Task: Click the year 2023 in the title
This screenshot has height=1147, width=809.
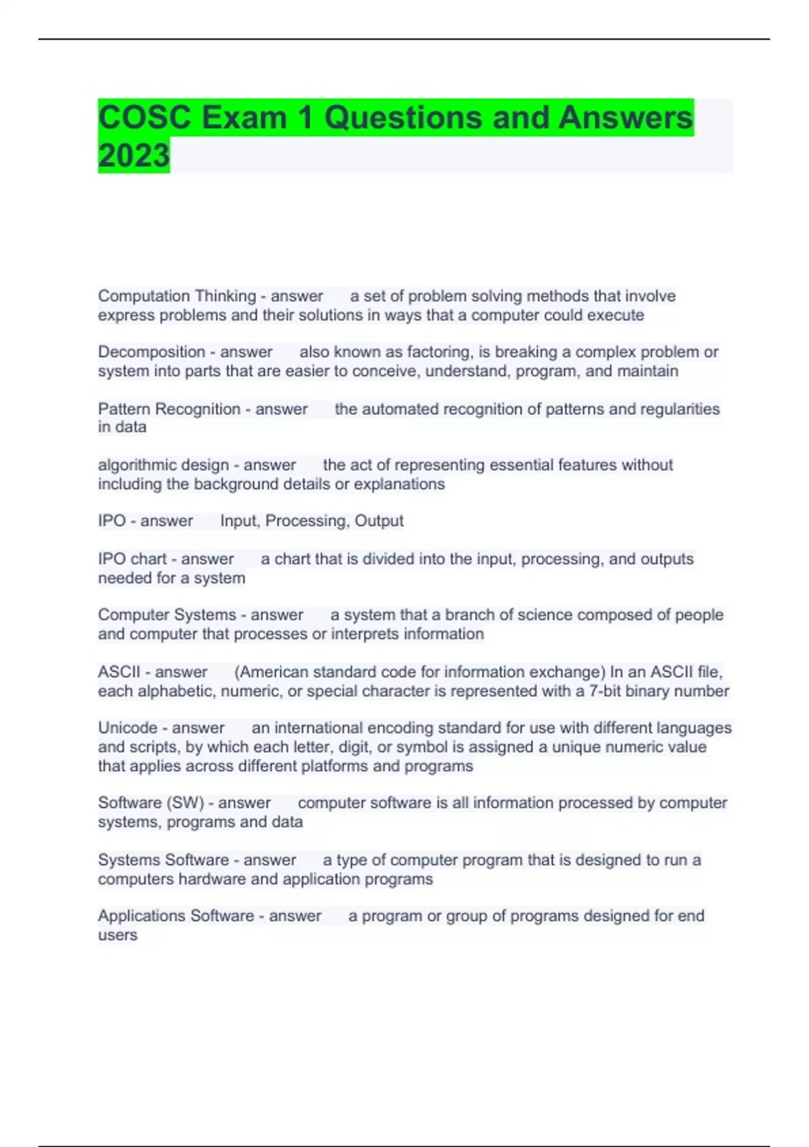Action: (x=133, y=155)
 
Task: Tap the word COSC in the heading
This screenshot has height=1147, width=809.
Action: (x=144, y=117)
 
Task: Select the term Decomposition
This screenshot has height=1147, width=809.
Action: (x=152, y=352)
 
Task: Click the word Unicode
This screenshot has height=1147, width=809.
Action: (x=127, y=728)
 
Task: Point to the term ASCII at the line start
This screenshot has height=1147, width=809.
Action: (x=119, y=672)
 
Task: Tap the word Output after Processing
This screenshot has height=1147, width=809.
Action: (x=379, y=521)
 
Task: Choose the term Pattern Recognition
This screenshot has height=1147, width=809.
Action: (x=169, y=409)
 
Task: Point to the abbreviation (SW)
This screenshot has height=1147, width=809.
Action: (x=188, y=803)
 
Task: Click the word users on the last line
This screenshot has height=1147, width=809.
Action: (x=117, y=935)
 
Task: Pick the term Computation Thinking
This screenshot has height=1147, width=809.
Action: (x=177, y=296)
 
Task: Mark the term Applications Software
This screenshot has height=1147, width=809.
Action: (x=176, y=916)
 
